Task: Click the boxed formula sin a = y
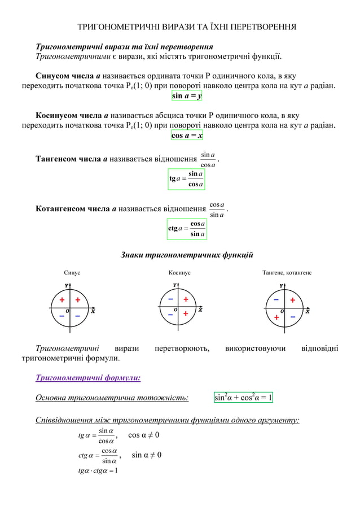click(x=187, y=96)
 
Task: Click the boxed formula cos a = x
click(x=187, y=136)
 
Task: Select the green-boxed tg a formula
click(x=186, y=179)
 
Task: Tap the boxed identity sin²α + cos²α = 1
click(x=243, y=398)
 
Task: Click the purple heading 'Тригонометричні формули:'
click(x=88, y=377)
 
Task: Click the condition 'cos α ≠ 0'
click(x=143, y=435)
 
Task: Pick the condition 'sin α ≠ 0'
click(x=146, y=455)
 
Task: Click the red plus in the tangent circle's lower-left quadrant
click(x=276, y=318)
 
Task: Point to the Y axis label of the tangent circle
click(x=282, y=286)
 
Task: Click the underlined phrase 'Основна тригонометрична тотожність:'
click(x=112, y=398)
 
